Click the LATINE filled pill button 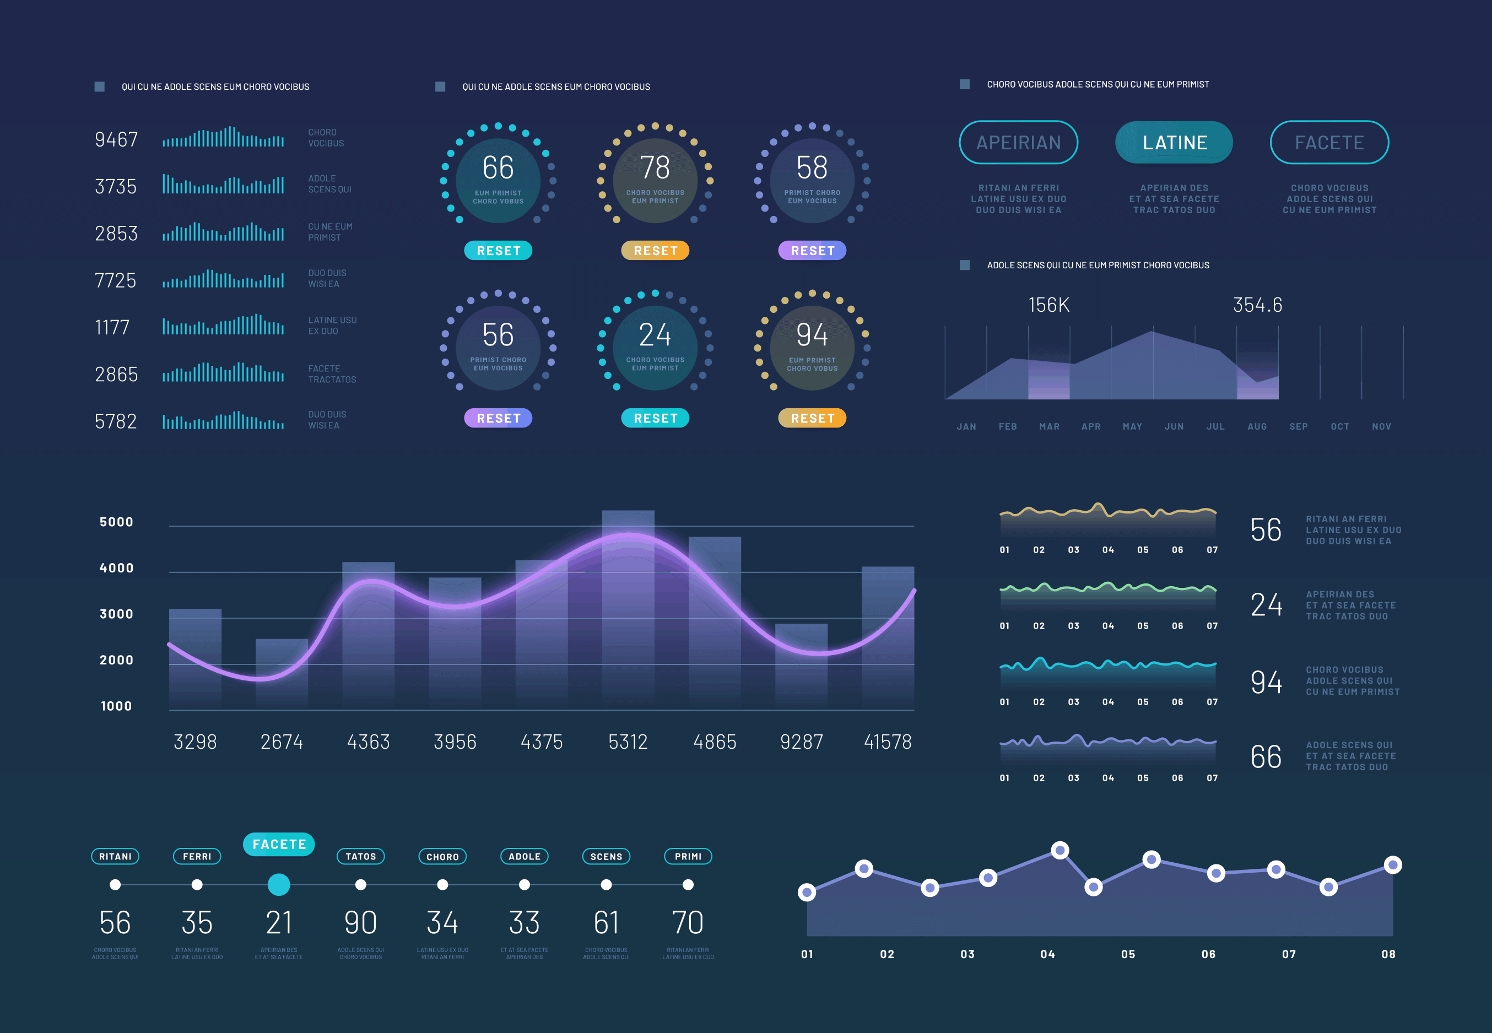click(1174, 142)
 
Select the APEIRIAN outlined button click(1018, 142)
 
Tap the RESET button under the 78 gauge click(655, 251)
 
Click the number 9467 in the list click(116, 140)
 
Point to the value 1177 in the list click(112, 327)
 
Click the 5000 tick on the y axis click(116, 522)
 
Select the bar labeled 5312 click(628, 608)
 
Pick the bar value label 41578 click(888, 742)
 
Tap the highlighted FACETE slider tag click(279, 845)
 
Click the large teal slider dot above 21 click(279, 885)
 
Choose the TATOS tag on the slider click(360, 857)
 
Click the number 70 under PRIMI click(688, 923)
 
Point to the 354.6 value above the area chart click(1257, 305)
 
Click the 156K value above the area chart click(1048, 305)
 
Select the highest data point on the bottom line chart click(1059, 851)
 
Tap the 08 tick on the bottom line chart click(1388, 954)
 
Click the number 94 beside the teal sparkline click(1266, 682)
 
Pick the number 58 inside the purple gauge click(812, 168)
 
